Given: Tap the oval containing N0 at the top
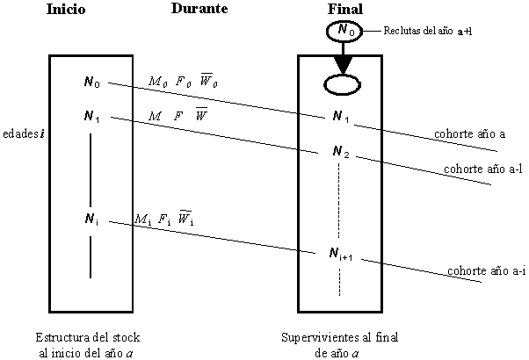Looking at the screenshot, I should [x=344, y=32].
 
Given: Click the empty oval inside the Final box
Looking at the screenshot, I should [x=344, y=85].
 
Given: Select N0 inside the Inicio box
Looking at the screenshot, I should [x=91, y=83].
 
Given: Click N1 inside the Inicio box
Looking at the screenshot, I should [x=91, y=116].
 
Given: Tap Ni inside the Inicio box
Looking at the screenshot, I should [x=91, y=219].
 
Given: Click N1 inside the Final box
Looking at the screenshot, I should [x=340, y=117].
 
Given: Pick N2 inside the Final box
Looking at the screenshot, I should [x=341, y=152].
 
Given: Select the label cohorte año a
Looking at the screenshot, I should [x=469, y=134].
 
